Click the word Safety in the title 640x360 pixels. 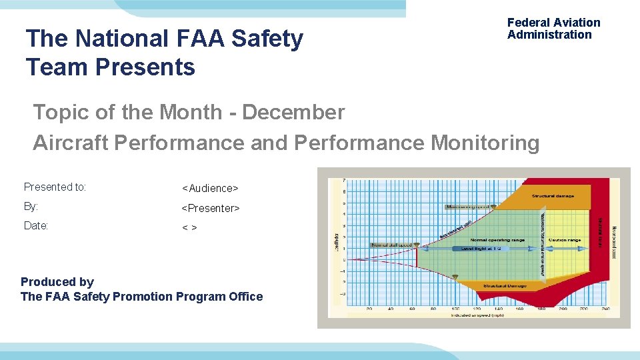point(267,39)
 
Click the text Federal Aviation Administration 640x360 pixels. point(553,29)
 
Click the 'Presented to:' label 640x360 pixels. point(55,187)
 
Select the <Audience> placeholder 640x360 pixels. point(210,189)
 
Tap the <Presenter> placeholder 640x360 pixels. point(211,208)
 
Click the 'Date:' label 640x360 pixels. point(36,226)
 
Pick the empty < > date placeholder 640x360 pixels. point(189,228)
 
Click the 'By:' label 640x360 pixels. point(31,207)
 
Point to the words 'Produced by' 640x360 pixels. point(57,282)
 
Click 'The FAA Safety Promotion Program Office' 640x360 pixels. point(142,297)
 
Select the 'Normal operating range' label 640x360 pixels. point(497,240)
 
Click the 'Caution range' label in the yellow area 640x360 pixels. point(565,240)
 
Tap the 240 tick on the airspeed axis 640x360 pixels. point(605,309)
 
